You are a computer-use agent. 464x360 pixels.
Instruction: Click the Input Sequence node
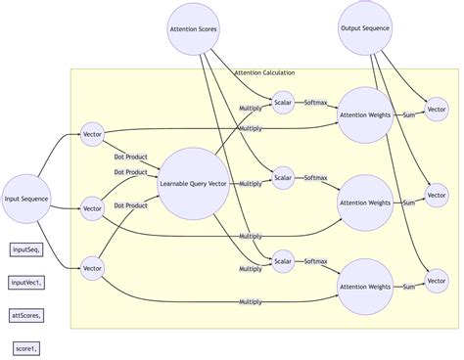tap(26, 200)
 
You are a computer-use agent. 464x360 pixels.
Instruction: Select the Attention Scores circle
tap(194, 29)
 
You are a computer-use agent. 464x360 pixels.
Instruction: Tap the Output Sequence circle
tap(365, 28)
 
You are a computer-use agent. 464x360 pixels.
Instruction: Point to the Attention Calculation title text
tap(264, 73)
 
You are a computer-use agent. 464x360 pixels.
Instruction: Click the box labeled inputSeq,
tap(26, 249)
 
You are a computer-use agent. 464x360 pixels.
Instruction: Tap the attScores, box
tap(27, 315)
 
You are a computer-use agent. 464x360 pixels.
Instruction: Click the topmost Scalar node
tap(283, 102)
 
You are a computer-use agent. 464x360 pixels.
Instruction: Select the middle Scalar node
tap(283, 177)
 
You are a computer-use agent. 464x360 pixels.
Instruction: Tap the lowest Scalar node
tap(283, 260)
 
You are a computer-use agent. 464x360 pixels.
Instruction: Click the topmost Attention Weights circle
tap(365, 114)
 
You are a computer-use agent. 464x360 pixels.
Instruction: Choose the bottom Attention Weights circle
tap(365, 287)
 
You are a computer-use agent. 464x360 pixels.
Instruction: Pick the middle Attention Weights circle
tap(365, 202)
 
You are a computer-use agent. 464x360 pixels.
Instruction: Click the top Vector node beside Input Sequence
tap(93, 133)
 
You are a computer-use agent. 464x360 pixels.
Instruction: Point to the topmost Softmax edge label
tap(315, 102)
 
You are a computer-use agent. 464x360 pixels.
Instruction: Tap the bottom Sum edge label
tap(409, 287)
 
